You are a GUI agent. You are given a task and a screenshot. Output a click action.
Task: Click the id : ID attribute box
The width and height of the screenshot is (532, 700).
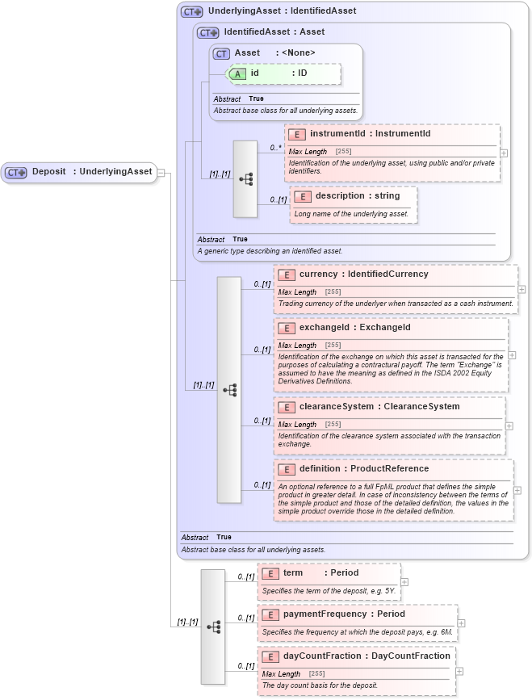(285, 73)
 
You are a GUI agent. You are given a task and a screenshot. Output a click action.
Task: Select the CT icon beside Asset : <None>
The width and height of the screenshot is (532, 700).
(221, 53)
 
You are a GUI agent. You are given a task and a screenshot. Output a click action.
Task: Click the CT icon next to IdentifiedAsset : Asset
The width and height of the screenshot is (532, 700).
(208, 32)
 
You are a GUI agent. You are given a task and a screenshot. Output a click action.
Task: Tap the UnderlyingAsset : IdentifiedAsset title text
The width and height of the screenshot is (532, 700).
(282, 11)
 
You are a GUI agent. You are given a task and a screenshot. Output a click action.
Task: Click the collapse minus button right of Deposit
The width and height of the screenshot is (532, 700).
(161, 172)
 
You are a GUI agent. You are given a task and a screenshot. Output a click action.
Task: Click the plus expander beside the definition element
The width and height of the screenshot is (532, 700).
(517, 490)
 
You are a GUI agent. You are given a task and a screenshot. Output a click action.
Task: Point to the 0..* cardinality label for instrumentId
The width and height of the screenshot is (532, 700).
(275, 148)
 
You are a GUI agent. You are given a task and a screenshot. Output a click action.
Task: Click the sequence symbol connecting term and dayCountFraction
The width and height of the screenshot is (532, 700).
(213, 626)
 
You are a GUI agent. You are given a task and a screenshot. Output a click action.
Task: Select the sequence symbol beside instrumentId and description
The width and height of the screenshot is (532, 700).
(245, 179)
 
